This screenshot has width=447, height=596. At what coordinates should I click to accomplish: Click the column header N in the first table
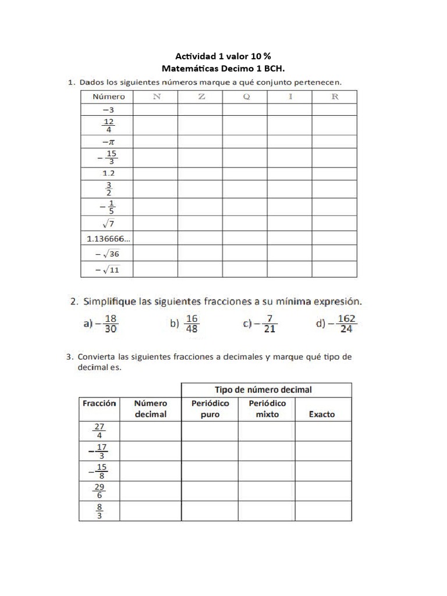point(156,97)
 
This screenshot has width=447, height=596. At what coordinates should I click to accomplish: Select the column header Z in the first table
point(201,97)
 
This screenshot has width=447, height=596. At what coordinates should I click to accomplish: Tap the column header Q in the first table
point(246,97)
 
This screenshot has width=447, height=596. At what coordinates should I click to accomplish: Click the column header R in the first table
point(335,97)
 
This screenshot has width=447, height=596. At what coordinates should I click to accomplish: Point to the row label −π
point(108,141)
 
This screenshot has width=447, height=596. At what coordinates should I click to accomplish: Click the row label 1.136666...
point(108,237)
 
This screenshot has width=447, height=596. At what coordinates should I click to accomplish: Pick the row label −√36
point(108,253)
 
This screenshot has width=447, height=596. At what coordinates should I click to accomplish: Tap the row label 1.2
point(108,173)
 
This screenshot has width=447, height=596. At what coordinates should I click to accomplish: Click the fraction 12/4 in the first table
point(108,126)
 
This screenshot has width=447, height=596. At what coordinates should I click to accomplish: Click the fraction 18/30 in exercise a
point(111,324)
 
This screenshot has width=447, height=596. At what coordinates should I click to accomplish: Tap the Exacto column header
point(322,414)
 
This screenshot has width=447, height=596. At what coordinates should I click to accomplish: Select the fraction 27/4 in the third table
point(99,431)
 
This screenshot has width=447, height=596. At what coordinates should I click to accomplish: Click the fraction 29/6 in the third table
point(99,491)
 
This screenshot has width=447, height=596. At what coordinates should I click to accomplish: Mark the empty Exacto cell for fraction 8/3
point(322,511)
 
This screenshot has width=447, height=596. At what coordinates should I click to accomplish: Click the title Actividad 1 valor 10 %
point(223,56)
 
